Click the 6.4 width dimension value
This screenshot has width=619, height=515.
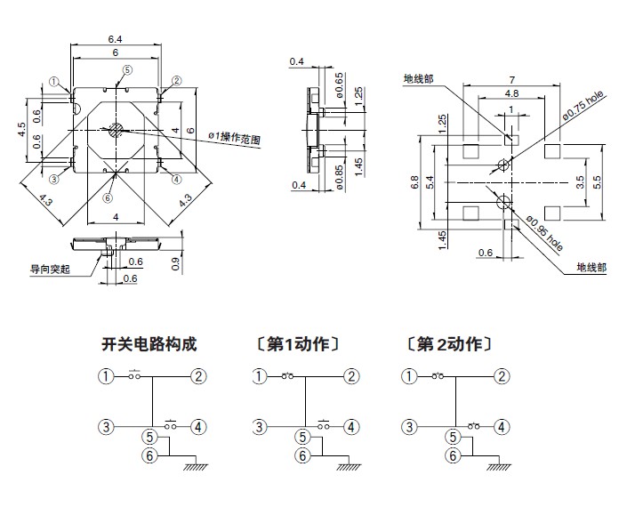(116, 38)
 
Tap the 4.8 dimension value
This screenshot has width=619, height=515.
(511, 93)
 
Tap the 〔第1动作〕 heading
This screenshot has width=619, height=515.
(298, 344)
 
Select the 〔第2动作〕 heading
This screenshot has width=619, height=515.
(447, 344)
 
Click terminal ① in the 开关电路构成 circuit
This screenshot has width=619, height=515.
(107, 376)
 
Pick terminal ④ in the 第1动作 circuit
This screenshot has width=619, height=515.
(352, 427)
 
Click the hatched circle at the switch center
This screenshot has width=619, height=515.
(116, 131)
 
